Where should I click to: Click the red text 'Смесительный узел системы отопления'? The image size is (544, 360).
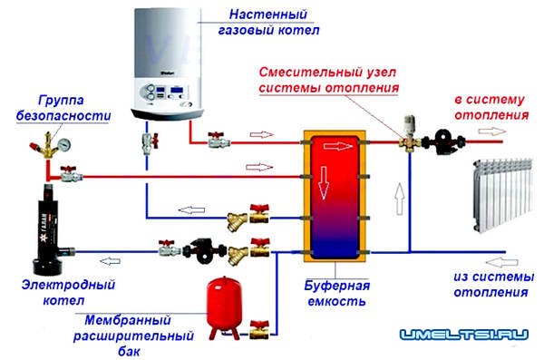tap(329, 80)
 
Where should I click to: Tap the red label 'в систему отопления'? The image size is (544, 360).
tap(491, 107)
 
